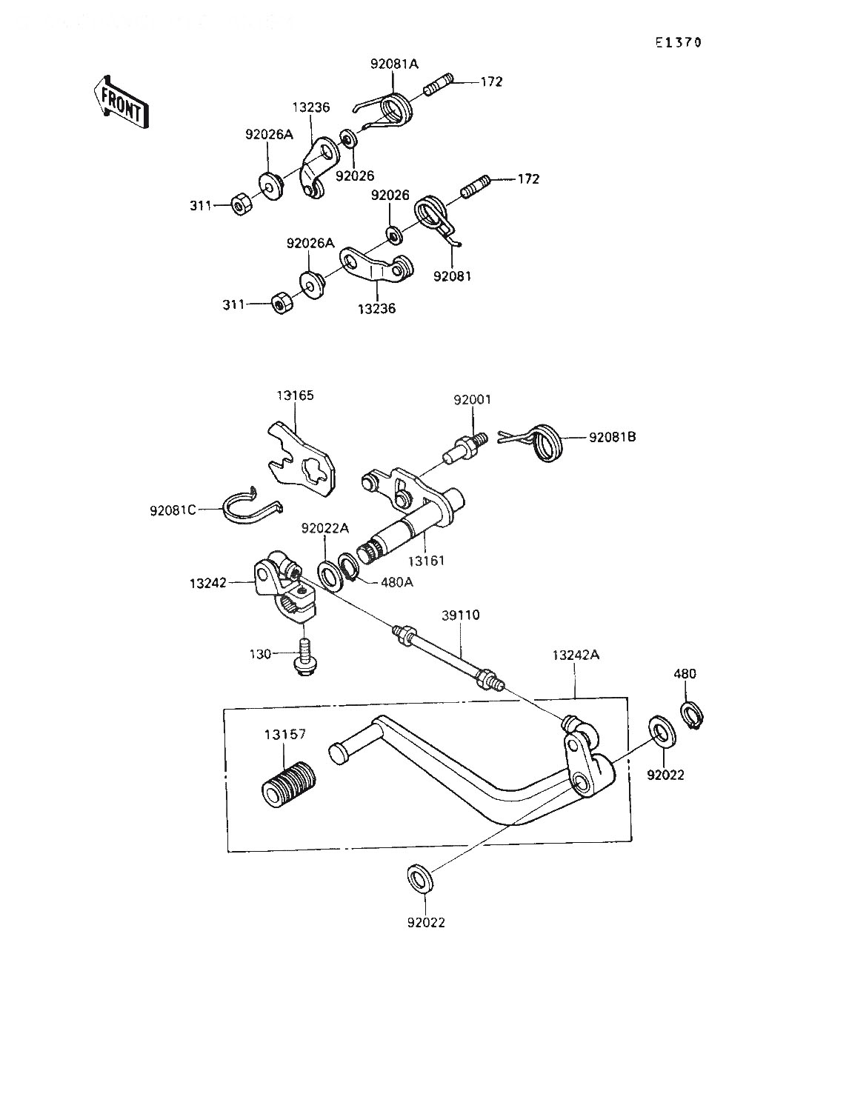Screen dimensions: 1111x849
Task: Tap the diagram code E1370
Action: pos(677,42)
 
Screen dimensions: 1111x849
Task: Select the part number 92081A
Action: pos(394,64)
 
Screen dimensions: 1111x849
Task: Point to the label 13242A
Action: pos(576,655)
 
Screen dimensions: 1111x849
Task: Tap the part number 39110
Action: pos(461,615)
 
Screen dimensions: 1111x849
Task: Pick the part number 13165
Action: pos(295,396)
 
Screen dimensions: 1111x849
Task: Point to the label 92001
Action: pos(472,400)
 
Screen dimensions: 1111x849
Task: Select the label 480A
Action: pos(396,582)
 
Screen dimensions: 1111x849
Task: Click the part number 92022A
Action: pos(324,527)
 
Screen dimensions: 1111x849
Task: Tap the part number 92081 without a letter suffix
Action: pos(453,276)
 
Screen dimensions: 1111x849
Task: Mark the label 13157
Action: pos(284,735)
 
